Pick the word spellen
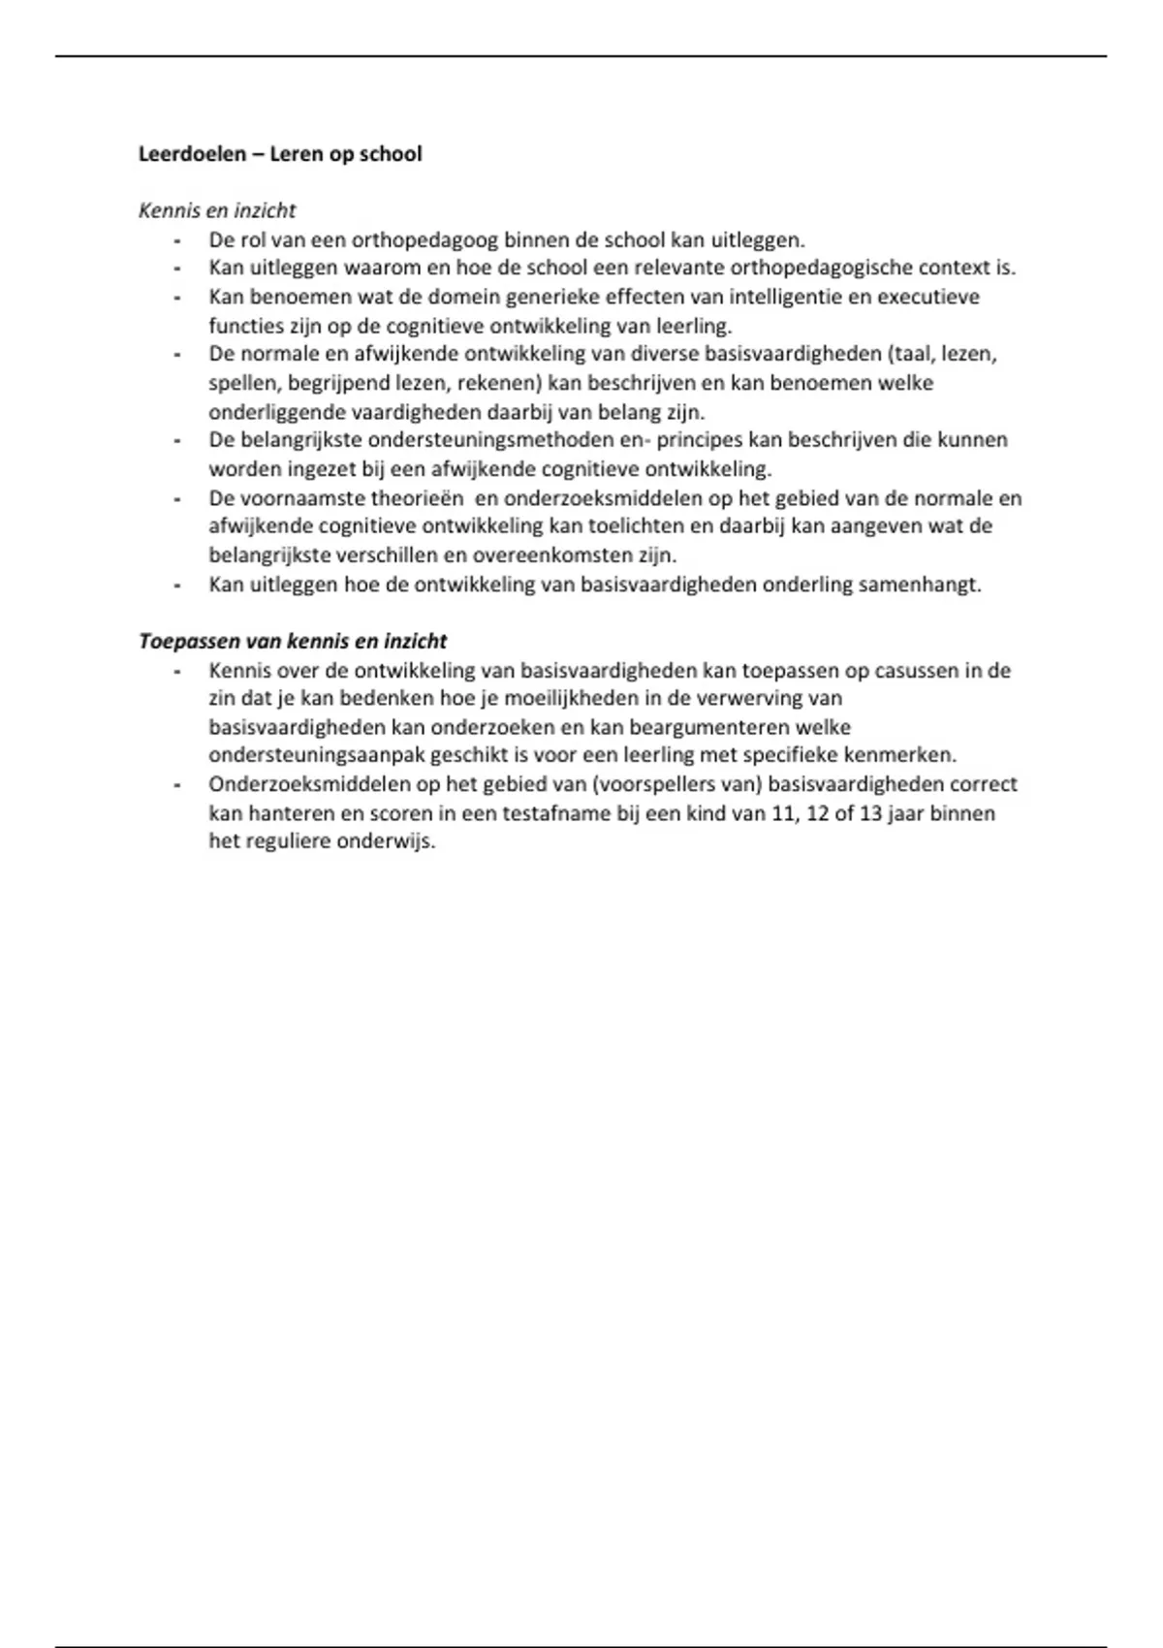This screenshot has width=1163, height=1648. pos(244,383)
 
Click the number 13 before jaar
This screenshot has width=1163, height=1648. pos(870,813)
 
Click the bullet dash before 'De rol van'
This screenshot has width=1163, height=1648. pos(177,240)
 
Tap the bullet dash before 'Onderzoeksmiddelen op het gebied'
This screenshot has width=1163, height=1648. pos(177,785)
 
